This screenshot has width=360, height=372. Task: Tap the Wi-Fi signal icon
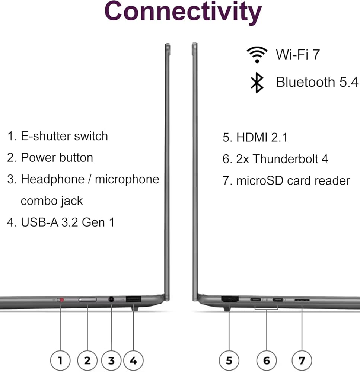point(257,55)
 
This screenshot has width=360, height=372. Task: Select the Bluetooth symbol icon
point(257,82)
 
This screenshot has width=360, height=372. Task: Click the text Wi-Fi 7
point(298,55)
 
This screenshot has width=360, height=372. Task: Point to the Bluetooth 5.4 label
point(317,82)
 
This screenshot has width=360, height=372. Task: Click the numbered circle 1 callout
point(60,360)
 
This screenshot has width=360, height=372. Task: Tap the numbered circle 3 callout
point(111,360)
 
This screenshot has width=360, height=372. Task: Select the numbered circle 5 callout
point(229,360)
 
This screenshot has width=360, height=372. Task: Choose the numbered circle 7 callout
point(302,360)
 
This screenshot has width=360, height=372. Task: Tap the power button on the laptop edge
point(87,299)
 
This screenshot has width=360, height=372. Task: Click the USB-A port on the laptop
point(133,299)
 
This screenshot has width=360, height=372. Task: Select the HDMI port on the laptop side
point(230,299)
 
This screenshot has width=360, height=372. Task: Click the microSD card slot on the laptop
point(302,300)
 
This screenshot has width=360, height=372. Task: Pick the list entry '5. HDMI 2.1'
point(255,137)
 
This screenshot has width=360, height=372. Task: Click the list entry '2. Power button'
point(50,157)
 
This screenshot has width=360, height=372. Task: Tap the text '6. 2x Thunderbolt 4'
point(275,159)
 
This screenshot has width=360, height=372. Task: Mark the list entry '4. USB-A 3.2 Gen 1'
point(61,222)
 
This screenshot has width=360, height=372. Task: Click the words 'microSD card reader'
point(293,180)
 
